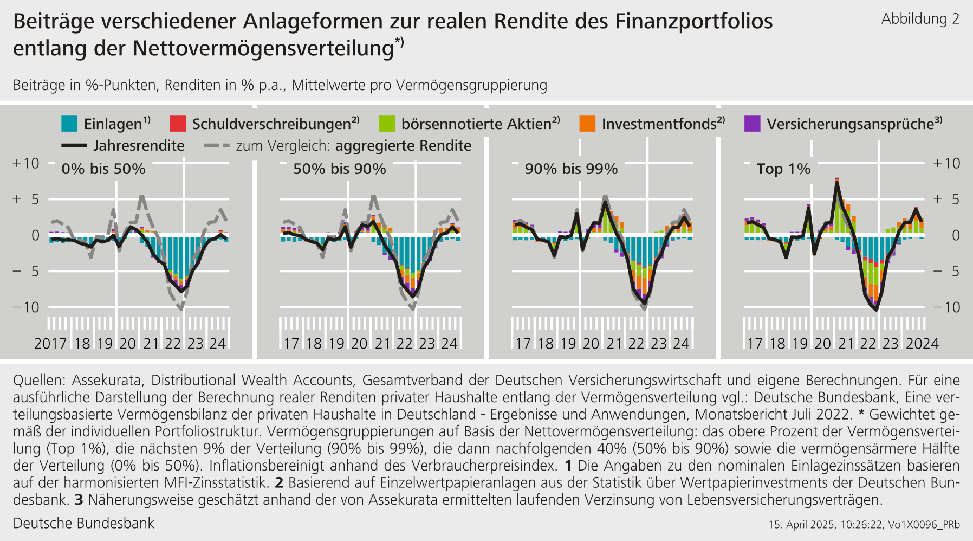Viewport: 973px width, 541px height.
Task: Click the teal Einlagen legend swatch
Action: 69,124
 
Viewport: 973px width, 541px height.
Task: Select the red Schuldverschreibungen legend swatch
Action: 178,124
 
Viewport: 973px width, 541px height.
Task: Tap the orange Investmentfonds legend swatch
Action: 587,124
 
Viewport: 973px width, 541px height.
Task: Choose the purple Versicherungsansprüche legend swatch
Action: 753,124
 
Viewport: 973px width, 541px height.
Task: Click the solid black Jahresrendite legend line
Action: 74,145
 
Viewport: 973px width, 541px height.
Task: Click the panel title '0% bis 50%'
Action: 103,169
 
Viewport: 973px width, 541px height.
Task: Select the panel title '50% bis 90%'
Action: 340,169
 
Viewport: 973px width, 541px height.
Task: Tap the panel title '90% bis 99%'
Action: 571,169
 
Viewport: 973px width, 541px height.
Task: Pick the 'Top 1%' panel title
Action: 783,169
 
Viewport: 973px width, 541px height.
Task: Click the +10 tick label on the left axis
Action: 26,163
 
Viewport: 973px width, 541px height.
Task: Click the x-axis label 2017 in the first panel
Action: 50,344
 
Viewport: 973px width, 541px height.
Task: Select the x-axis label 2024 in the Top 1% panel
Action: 922,344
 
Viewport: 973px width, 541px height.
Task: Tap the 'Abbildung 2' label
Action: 920,19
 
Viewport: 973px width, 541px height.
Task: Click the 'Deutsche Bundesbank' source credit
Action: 83,523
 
